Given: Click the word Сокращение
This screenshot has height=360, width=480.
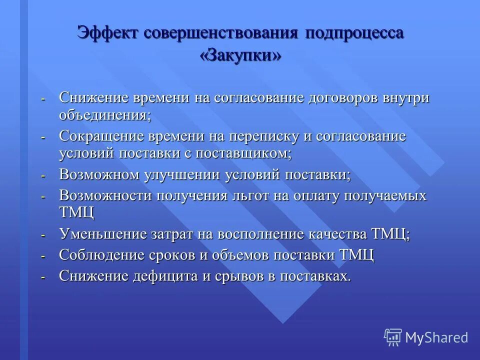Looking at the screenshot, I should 100,136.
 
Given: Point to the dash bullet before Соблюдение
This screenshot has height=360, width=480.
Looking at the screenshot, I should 43,256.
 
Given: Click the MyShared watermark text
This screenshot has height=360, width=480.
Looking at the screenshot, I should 436,337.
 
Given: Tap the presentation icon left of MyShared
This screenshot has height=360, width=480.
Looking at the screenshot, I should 393,337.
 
